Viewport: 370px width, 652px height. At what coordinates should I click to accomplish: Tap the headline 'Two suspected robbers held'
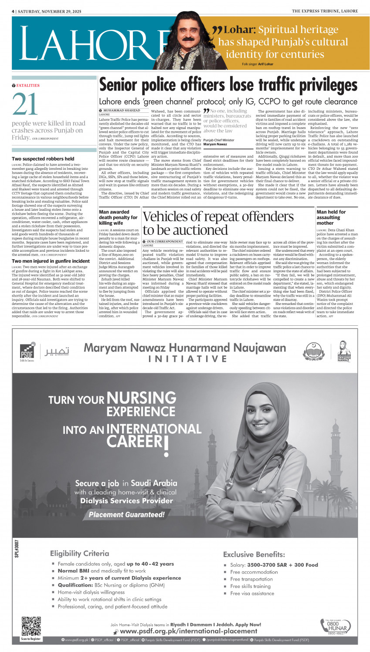(x=43, y=159)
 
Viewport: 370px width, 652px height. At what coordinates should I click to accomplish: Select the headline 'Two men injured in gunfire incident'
(x=51, y=261)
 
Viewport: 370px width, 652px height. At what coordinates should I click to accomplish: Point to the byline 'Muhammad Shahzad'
(x=122, y=111)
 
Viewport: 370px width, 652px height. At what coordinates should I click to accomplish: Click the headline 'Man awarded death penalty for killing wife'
(x=118, y=217)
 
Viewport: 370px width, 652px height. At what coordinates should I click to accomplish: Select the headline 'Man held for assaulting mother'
(x=331, y=217)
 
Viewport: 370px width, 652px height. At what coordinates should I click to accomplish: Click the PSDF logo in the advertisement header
(x=27, y=351)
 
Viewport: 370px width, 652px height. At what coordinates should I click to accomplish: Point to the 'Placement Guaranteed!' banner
(x=126, y=514)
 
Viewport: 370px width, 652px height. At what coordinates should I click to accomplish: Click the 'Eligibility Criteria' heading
(x=79, y=553)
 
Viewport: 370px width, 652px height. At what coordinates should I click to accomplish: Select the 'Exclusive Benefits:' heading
(x=254, y=554)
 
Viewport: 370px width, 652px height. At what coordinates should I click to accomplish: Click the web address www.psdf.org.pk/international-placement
(x=188, y=631)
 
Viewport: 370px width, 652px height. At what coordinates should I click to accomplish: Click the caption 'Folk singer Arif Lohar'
(x=258, y=64)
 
